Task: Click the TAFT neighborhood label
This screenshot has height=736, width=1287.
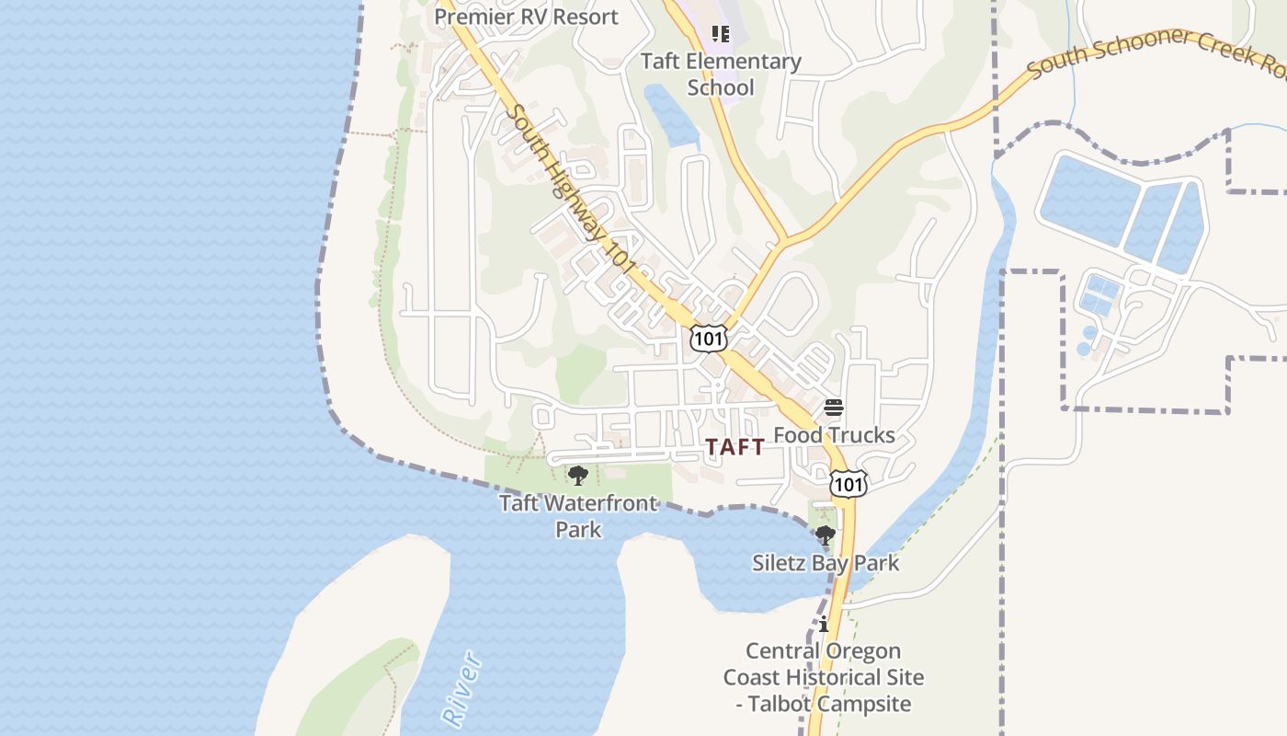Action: click(x=735, y=447)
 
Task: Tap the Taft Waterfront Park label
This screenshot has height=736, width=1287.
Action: click(x=578, y=515)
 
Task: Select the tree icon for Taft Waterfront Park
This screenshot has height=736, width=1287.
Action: click(x=578, y=476)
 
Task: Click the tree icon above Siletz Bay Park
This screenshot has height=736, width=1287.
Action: click(x=826, y=535)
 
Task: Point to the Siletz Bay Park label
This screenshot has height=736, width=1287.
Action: click(x=826, y=563)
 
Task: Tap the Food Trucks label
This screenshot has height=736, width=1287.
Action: click(x=834, y=435)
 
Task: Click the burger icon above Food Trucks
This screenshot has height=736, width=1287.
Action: click(x=834, y=408)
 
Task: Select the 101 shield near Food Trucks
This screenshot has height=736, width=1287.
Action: click(x=847, y=483)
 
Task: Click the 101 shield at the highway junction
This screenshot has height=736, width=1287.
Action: click(x=709, y=338)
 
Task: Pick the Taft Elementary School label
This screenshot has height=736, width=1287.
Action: click(x=721, y=75)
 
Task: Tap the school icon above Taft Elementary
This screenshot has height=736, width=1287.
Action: click(x=721, y=35)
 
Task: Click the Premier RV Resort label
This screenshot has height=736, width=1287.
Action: click(x=526, y=17)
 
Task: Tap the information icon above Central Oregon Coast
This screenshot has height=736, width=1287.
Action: click(x=824, y=624)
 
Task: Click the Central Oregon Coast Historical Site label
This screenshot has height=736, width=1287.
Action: click(x=823, y=664)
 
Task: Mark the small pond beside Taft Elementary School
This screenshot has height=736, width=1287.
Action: click(x=670, y=116)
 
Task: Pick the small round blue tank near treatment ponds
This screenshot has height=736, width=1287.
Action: click(x=1089, y=333)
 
